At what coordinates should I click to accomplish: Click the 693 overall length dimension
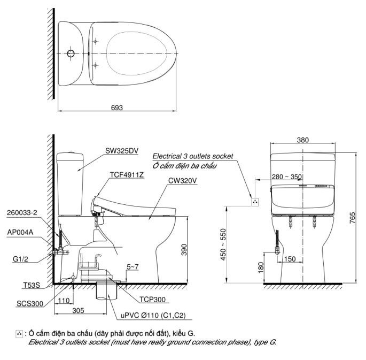pyautogui.click(x=116, y=108)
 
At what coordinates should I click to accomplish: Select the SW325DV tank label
pyautogui.click(x=122, y=151)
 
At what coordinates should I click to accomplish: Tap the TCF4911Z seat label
pyautogui.click(x=127, y=174)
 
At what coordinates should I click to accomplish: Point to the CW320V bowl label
pyautogui.click(x=182, y=180)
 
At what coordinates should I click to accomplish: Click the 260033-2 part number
pyautogui.click(x=22, y=212)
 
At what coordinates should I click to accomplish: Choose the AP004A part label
pyautogui.click(x=20, y=232)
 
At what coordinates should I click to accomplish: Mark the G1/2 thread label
pyautogui.click(x=20, y=259)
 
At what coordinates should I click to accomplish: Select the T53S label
pyautogui.click(x=32, y=285)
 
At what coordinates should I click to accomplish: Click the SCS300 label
pyautogui.click(x=30, y=303)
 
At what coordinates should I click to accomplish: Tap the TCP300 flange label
pyautogui.click(x=152, y=299)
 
